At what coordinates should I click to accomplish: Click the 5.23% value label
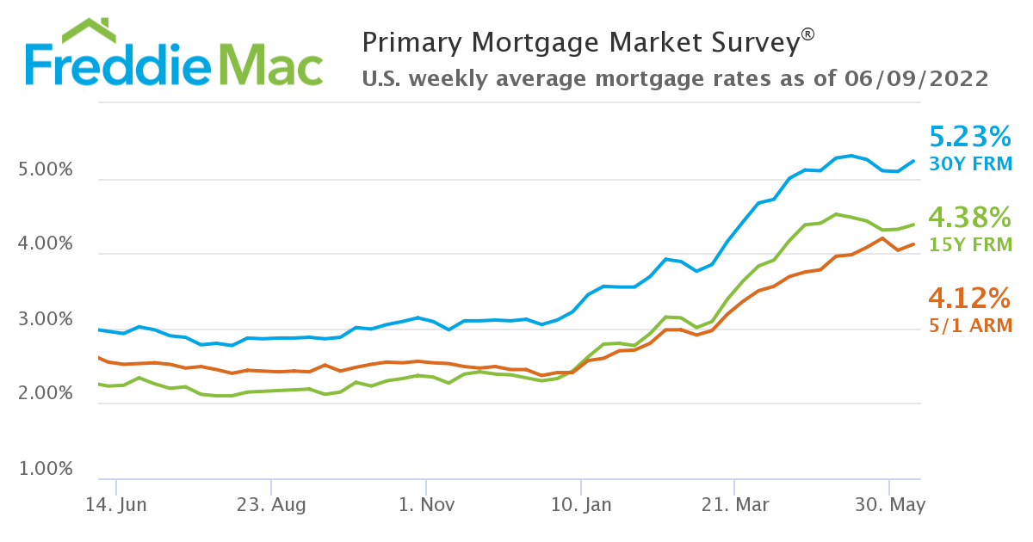point(970,137)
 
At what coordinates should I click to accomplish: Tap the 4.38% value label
point(970,217)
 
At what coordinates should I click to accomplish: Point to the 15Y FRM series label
point(971,243)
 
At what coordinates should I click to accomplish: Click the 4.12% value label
point(970,299)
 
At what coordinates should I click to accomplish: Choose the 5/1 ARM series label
point(971,325)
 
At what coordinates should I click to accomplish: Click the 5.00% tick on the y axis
point(46,171)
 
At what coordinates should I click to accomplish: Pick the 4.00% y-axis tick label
point(46,245)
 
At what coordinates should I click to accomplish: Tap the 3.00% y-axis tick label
point(46,320)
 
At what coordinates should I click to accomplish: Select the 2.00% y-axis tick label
point(46,395)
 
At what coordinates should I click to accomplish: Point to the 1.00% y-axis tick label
point(46,470)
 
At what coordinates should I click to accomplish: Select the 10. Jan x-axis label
point(580,505)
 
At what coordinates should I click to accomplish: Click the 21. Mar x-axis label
point(735,505)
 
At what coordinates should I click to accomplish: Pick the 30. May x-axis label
point(891,505)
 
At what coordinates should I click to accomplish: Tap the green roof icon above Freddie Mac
point(90,30)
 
